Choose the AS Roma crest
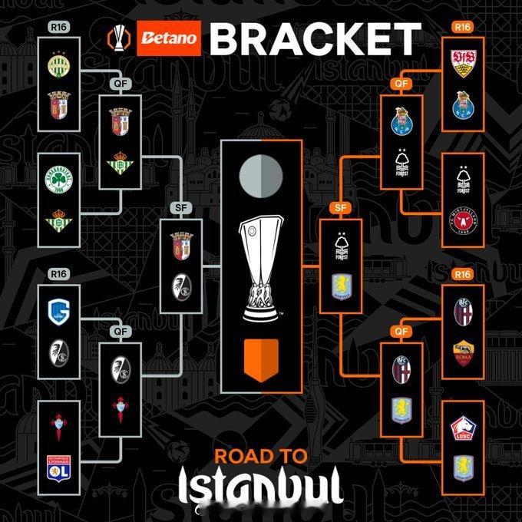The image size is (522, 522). coord(463,351)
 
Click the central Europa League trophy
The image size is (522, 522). coord(260,268)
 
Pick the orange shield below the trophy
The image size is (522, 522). coord(260,358)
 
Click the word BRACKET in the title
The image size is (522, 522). coord(315,38)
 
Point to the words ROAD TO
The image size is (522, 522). coord(260,456)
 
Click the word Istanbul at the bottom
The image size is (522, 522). coord(260,488)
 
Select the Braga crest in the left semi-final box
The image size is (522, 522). coord(181,243)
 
